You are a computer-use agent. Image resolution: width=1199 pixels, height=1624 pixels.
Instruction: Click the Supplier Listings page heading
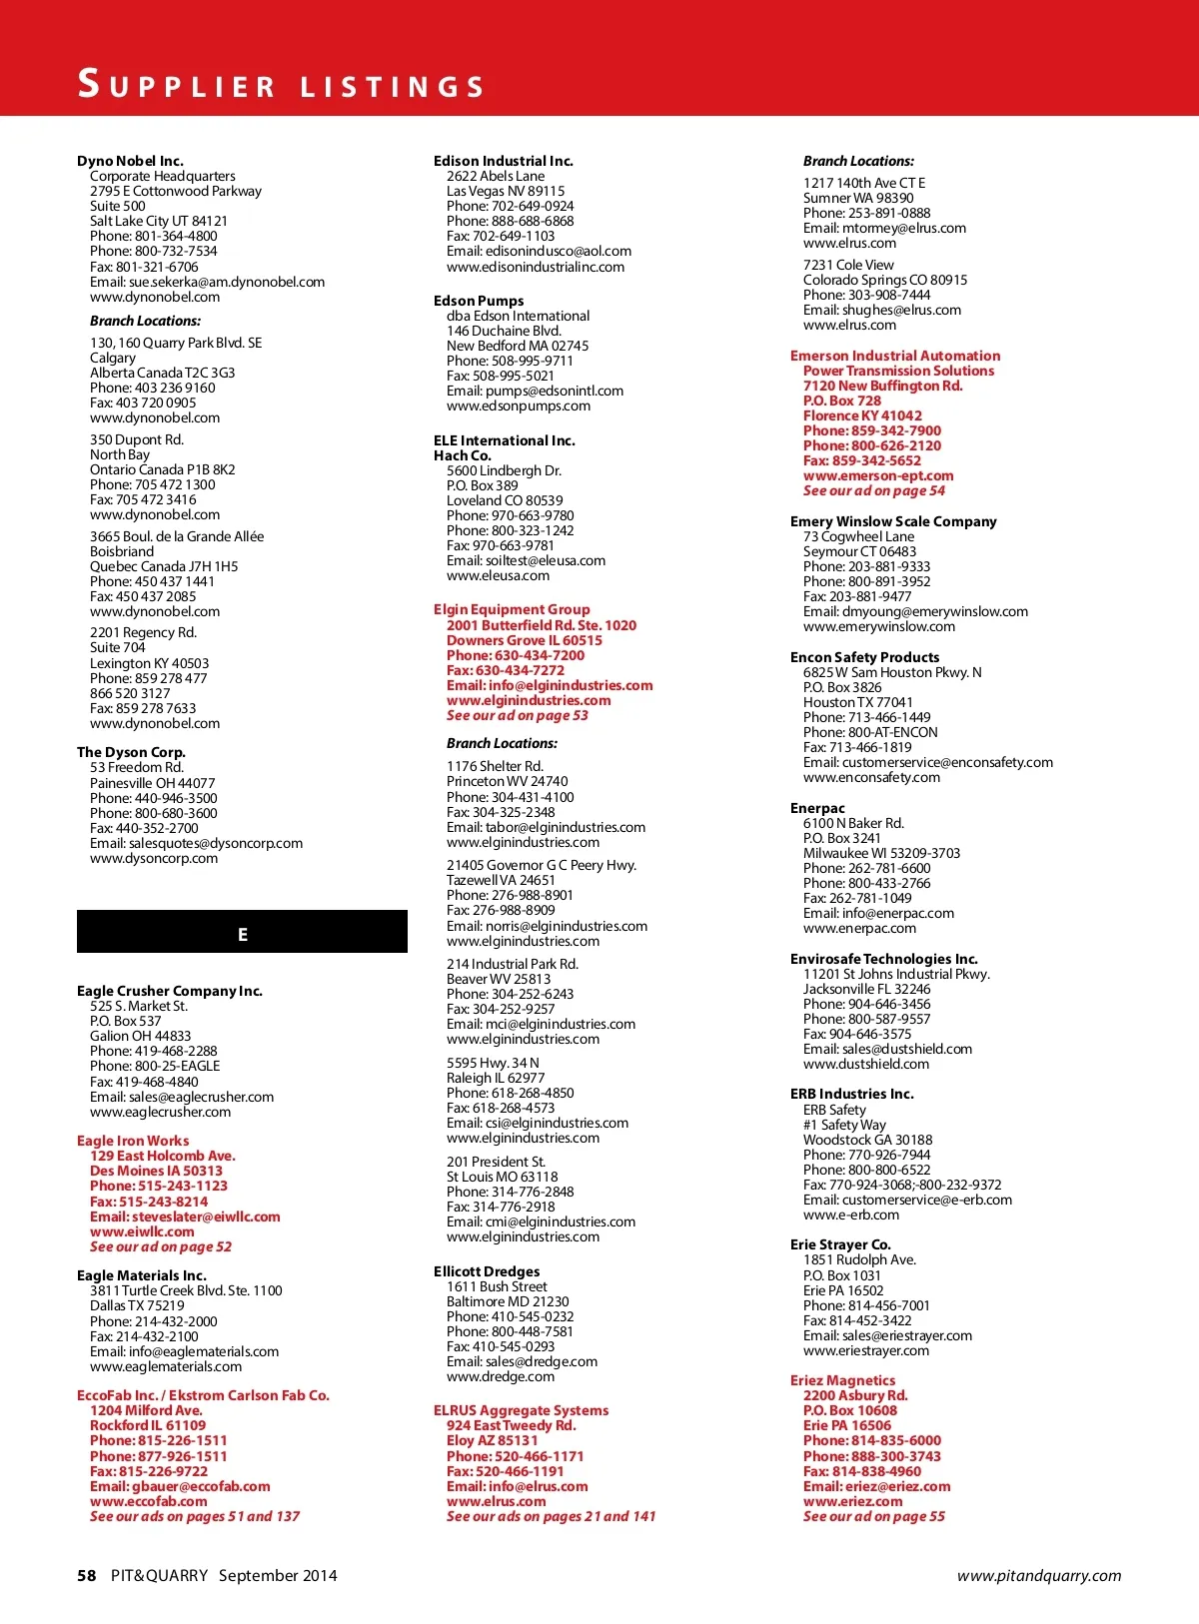coord(281,84)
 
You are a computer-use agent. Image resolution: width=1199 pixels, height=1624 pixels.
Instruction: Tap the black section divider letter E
coord(242,935)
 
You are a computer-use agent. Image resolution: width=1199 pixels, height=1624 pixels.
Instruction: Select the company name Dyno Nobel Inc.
coord(130,161)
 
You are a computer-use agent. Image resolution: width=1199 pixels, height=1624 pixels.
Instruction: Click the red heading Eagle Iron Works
coord(133,1141)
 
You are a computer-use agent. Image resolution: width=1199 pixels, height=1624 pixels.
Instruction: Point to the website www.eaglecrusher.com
coord(160,1112)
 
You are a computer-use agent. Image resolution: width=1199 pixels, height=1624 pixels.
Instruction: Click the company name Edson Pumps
coord(479,301)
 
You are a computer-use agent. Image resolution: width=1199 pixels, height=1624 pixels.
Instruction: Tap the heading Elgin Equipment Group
coord(512,609)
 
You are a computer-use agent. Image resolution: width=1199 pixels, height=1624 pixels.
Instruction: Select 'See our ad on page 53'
coord(518,715)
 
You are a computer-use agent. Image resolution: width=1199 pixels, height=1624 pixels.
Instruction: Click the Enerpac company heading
coord(817,808)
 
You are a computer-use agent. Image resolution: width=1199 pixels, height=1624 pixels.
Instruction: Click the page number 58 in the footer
coord(87,1575)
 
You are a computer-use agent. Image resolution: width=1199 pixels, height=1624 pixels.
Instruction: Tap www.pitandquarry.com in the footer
coord(1039,1576)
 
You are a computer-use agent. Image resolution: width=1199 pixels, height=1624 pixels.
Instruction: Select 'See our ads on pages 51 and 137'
coord(195,1516)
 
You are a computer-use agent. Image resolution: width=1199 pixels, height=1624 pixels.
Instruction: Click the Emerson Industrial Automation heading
coord(894,356)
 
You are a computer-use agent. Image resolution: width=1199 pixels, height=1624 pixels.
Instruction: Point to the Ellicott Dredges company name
coord(487,1271)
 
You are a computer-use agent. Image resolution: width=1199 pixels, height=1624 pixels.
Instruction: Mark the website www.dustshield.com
coord(866,1064)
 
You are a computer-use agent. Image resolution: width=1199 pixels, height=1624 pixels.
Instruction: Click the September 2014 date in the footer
coord(278,1575)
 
